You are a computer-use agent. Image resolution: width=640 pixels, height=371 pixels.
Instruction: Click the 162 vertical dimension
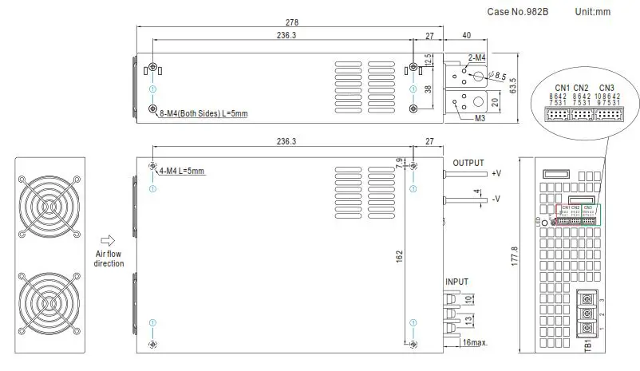[399, 259]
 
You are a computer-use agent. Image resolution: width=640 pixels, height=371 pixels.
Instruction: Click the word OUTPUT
[468, 163]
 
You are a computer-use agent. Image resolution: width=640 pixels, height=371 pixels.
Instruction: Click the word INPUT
[457, 282]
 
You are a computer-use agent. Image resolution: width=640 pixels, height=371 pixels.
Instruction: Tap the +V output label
[496, 173]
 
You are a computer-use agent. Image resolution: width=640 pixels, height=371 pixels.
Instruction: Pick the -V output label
[496, 199]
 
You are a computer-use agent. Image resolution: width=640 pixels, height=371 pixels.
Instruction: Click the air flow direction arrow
[109, 239]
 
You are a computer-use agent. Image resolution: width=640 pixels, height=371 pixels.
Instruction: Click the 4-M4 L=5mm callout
[182, 171]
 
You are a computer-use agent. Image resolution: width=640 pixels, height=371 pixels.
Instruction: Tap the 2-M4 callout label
[478, 58]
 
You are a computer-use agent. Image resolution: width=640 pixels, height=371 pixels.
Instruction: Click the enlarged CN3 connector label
[606, 87]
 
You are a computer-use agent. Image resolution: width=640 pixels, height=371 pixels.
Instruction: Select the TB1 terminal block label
[587, 344]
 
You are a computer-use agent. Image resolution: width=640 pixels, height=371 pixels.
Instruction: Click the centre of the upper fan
[49, 205]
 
